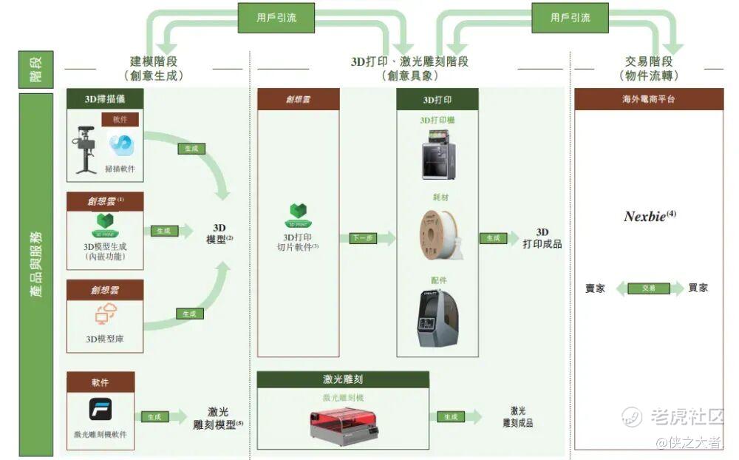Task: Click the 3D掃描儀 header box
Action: [x=105, y=98]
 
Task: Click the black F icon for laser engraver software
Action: [x=101, y=411]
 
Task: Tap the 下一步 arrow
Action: [x=367, y=238]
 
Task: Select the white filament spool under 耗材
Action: [x=440, y=234]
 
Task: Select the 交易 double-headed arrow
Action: [x=649, y=288]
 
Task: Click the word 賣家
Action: [x=595, y=288]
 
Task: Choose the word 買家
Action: [x=698, y=288]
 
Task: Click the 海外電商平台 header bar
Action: [x=649, y=99]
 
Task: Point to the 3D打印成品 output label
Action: [x=542, y=238]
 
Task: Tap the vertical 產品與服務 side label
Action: [x=36, y=274]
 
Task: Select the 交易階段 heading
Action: [x=648, y=68]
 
